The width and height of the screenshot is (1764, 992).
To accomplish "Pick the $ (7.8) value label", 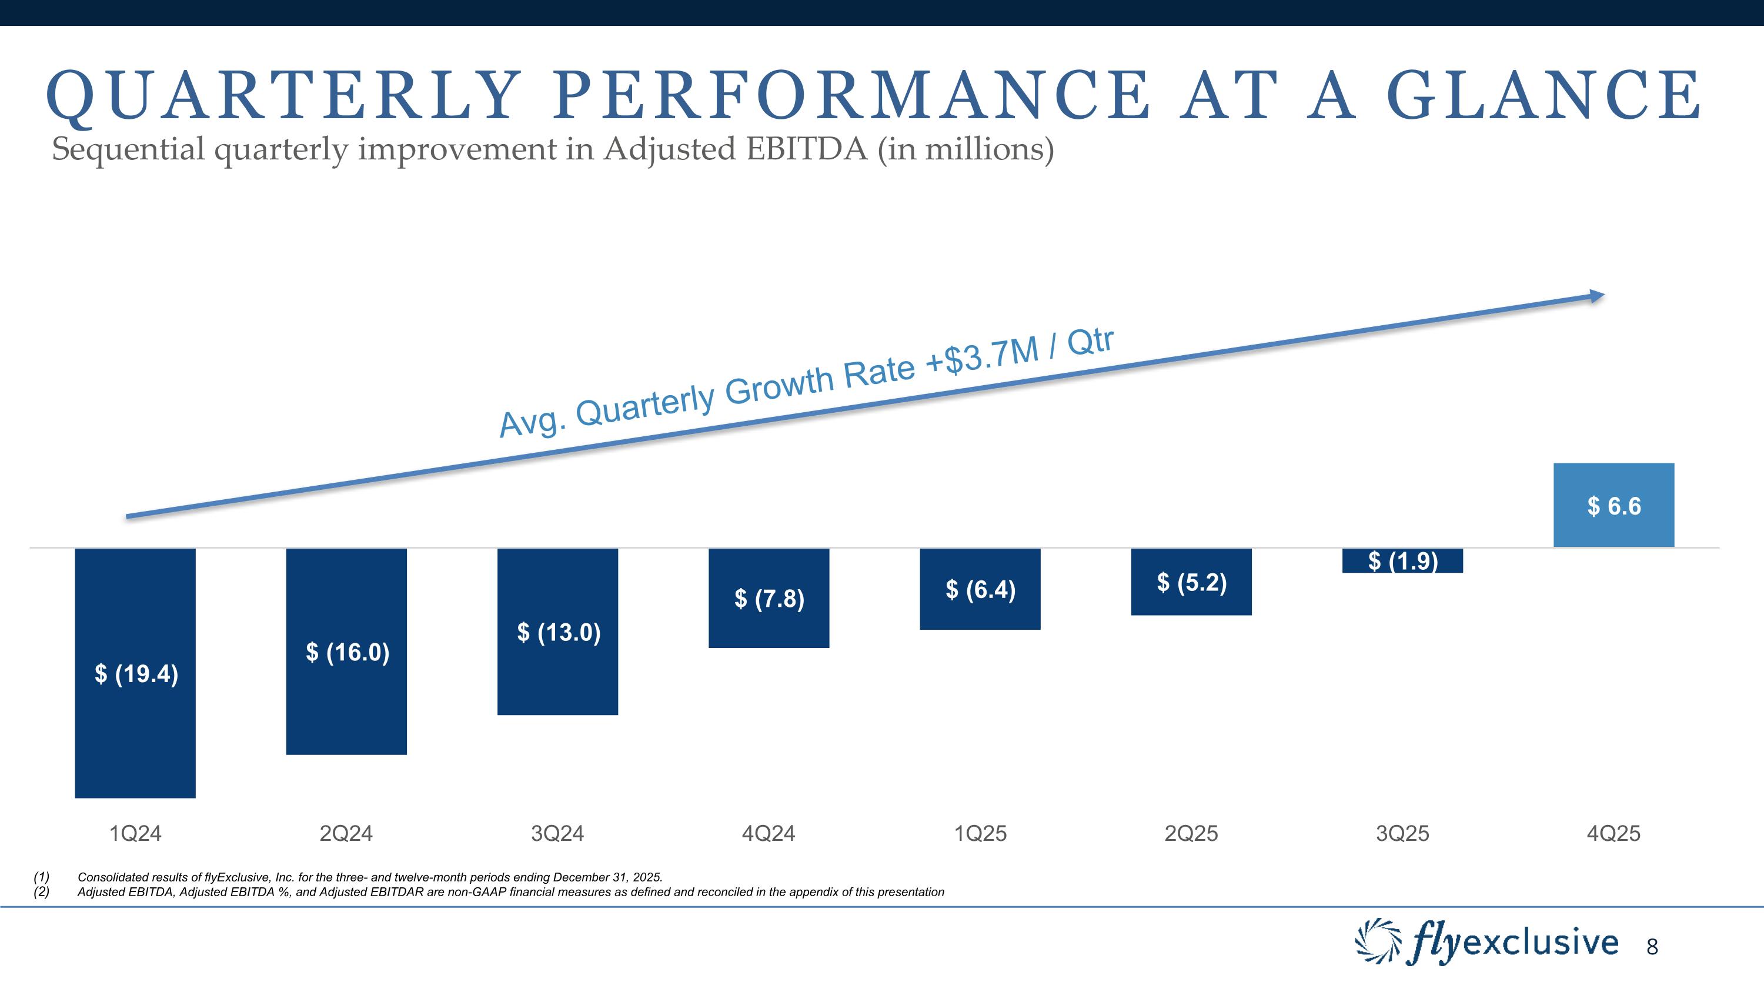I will point(769,599).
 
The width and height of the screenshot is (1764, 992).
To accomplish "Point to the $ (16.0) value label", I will point(347,653).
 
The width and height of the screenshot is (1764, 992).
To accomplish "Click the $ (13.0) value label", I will point(558,632).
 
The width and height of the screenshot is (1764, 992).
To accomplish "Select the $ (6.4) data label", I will point(980,589).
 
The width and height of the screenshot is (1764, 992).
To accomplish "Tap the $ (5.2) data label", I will point(1191,583).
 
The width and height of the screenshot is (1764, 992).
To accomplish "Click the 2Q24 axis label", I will point(346,833).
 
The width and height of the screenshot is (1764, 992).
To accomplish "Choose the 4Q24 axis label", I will point(769,833).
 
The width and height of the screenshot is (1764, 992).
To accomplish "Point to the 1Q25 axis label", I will point(981,833).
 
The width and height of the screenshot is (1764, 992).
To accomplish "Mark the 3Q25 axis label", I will point(1402,833).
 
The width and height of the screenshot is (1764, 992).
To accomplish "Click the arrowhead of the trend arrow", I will point(1596,296).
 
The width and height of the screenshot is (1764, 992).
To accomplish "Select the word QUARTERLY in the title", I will point(280,96).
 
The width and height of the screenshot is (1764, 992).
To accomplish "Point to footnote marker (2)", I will point(41,892).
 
